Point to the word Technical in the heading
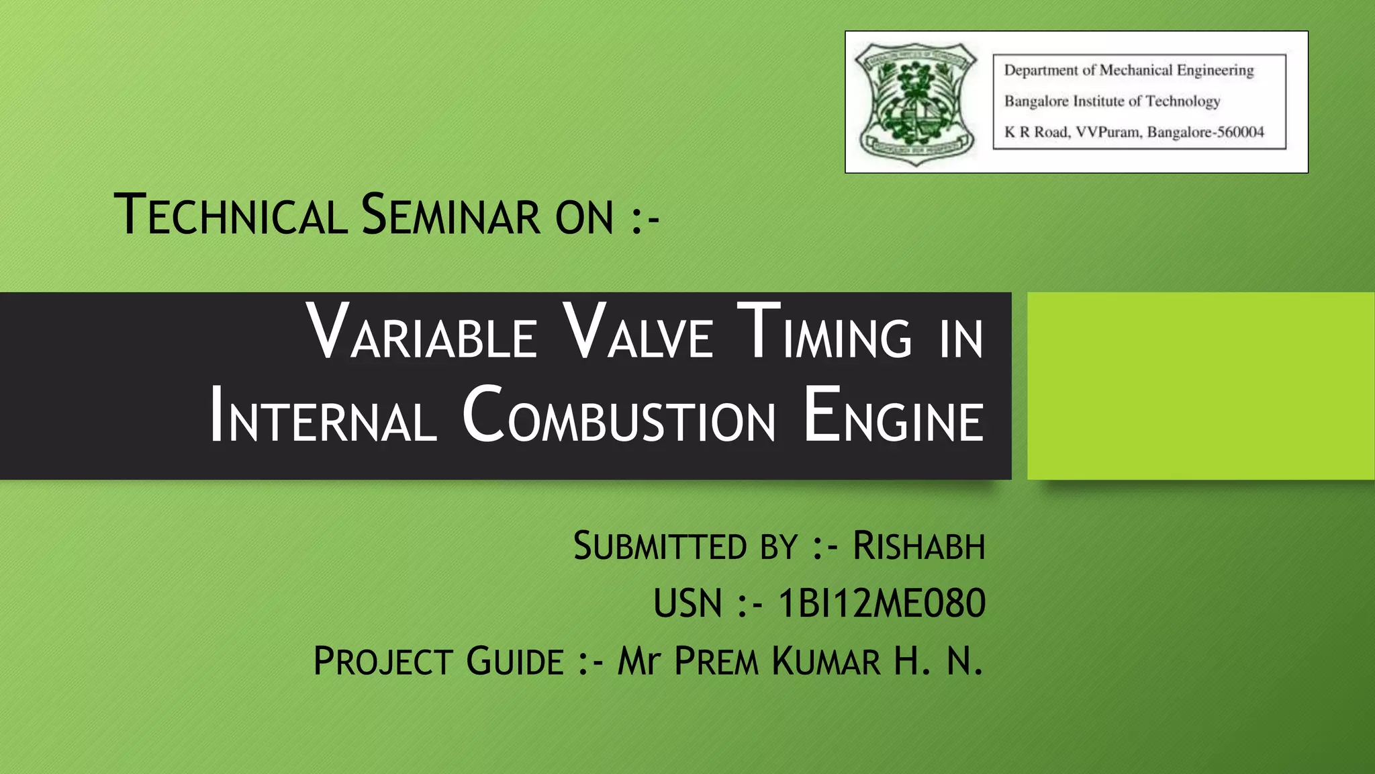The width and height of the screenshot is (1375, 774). point(230,215)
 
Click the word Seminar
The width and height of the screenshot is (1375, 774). point(450,215)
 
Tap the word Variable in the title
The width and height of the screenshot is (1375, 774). point(422,333)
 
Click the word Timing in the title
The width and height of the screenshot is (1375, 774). point(824,333)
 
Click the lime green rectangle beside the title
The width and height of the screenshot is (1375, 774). point(1200,386)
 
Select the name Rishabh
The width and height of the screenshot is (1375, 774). point(918,546)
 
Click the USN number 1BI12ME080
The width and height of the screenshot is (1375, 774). point(881,603)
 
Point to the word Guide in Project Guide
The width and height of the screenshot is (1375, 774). point(515,661)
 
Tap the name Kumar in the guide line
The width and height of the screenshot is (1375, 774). point(825,661)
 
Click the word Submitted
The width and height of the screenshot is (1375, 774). point(661,546)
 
